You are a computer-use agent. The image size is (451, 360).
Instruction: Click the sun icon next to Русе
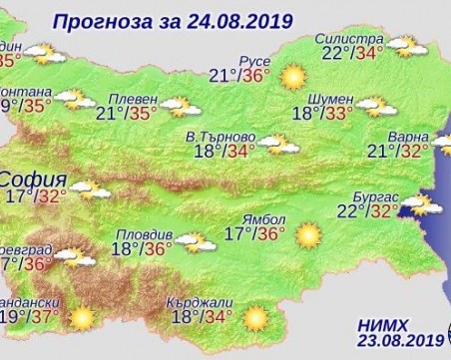pyautogui.click(x=292, y=76)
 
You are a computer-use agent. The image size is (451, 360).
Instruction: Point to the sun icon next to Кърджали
pyautogui.click(x=257, y=317)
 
